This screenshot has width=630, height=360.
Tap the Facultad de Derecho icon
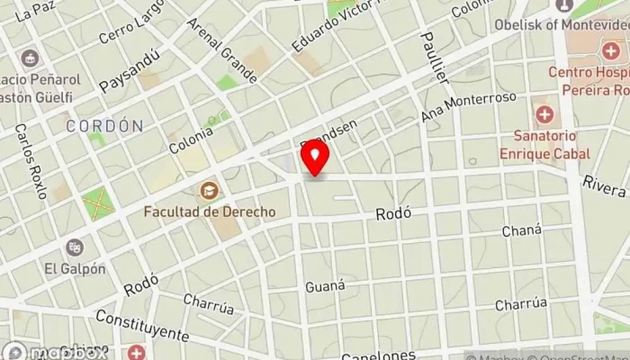(x=209, y=191)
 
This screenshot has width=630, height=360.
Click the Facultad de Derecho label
(x=210, y=211)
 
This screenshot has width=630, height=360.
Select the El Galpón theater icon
(x=76, y=247)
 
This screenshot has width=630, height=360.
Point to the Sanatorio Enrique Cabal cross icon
(x=544, y=115)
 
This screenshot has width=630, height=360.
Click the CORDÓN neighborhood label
(x=104, y=126)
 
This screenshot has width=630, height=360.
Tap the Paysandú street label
(x=130, y=70)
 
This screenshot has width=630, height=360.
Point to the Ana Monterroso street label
(x=469, y=107)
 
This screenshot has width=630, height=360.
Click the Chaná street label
(x=522, y=231)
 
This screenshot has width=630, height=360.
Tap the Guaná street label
(x=325, y=285)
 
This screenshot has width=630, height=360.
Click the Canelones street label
(x=377, y=354)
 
